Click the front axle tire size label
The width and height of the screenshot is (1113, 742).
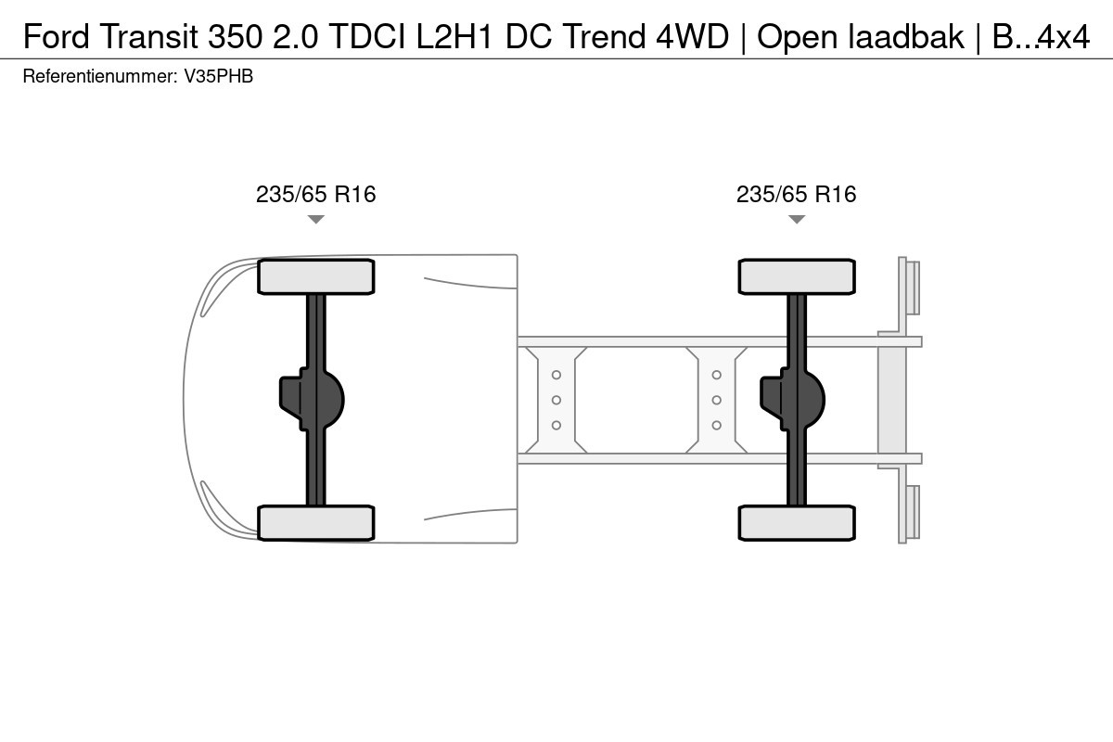315,195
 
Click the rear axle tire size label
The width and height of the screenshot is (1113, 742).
796,195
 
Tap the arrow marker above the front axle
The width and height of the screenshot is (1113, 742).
316,219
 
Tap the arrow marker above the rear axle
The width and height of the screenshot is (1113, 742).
797,219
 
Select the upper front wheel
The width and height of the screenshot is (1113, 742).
316,276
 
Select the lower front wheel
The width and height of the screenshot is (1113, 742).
316,523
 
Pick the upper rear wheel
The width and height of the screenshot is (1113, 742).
797,276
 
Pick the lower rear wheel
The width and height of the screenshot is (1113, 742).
797,523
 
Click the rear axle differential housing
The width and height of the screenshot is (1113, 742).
792,400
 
